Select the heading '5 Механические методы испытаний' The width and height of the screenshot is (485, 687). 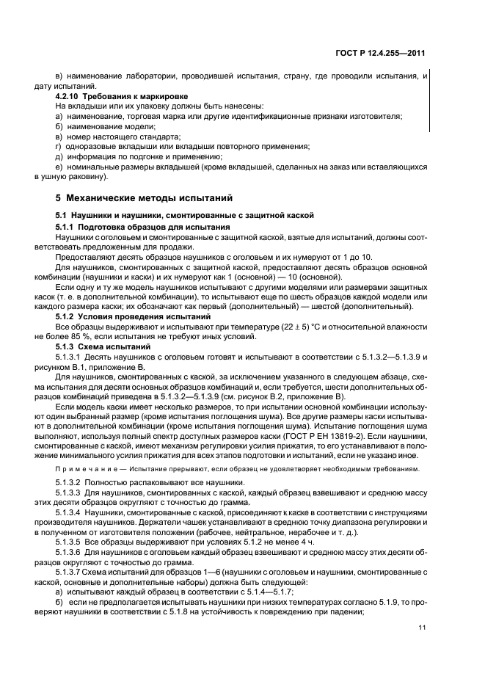(x=144, y=197)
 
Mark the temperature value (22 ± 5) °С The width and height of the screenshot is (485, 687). (x=239, y=325)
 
